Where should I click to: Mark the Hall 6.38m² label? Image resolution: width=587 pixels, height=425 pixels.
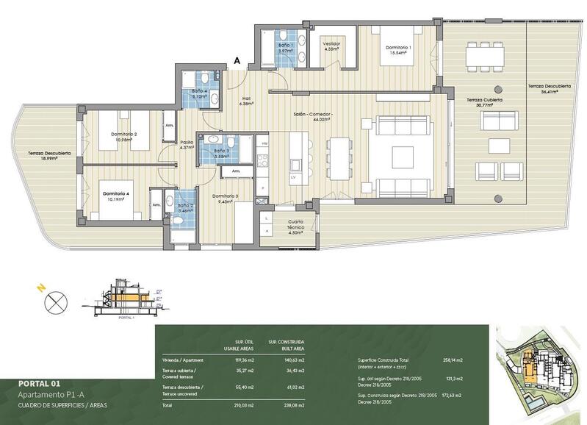[x=245, y=101]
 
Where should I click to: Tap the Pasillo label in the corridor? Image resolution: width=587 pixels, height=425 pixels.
[x=187, y=144]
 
